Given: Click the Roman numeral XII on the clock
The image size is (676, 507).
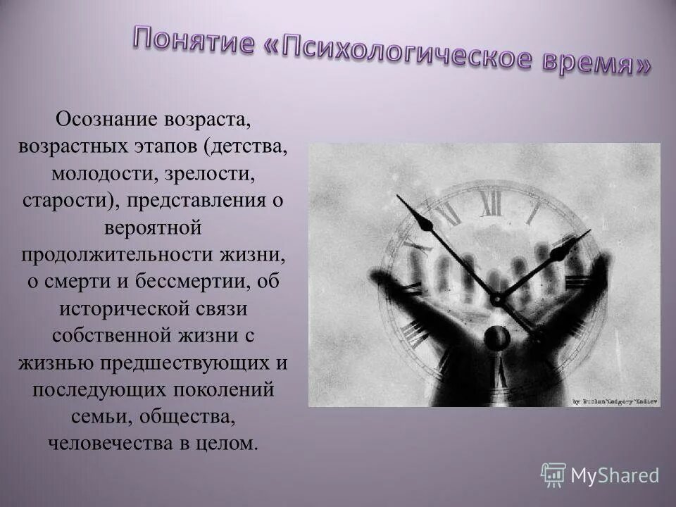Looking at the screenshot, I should tap(491, 203).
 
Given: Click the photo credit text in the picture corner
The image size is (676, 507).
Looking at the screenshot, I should tap(614, 400).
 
